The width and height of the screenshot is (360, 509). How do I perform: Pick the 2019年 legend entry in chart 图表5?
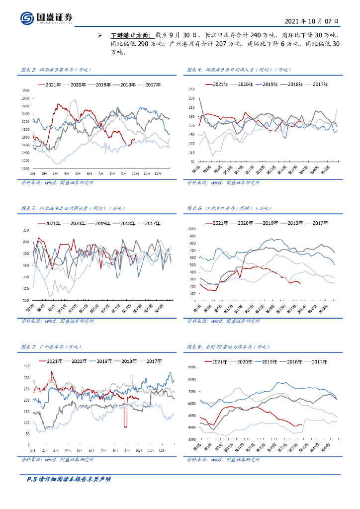[104, 223]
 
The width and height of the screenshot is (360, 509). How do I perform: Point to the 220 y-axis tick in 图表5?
[26, 230]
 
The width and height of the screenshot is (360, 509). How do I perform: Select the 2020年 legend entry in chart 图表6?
[245, 223]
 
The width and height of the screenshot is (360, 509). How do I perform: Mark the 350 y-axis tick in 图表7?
[26, 366]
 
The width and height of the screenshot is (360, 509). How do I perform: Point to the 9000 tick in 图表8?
[190, 367]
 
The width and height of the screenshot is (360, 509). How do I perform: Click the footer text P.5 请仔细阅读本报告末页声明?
[68, 479]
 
